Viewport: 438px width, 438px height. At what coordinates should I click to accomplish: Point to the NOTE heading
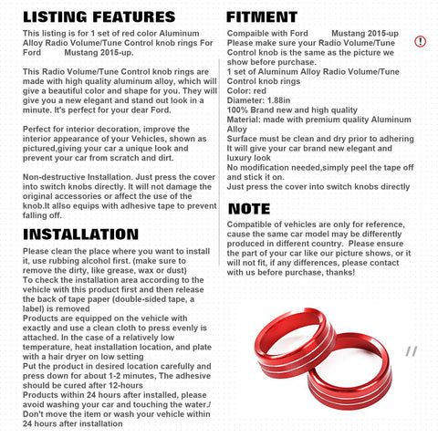(x=249, y=209)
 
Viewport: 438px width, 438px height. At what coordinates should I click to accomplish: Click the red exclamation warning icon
(x=420, y=41)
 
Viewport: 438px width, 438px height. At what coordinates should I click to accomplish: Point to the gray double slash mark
(x=412, y=350)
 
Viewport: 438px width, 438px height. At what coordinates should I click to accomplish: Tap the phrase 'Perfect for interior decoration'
(x=83, y=130)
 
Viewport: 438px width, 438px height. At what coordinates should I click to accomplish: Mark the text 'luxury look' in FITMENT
(x=250, y=158)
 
